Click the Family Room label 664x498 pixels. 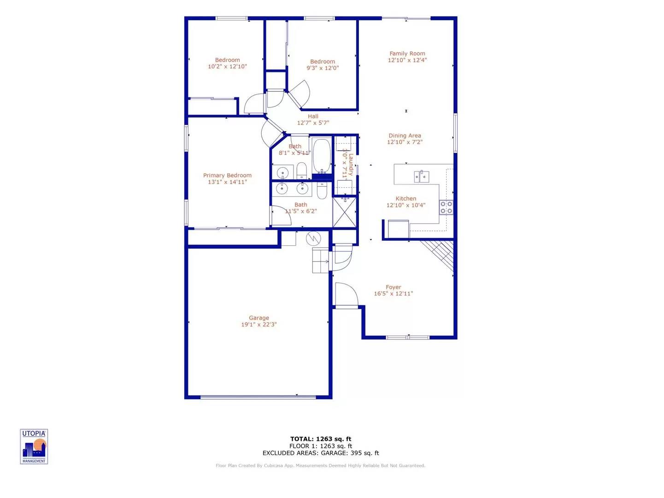click(x=407, y=53)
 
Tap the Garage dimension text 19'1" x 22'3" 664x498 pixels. click(x=259, y=325)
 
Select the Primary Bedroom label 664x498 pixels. click(x=227, y=175)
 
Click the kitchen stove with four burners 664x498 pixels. click(x=446, y=207)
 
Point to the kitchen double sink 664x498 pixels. click(x=422, y=176)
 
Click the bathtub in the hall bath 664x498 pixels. click(x=322, y=155)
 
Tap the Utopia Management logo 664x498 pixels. click(x=34, y=446)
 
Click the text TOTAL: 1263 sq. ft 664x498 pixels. click(x=321, y=439)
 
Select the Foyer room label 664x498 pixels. click(x=394, y=287)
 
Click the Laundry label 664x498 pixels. click(x=351, y=165)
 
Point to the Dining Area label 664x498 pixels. click(x=405, y=136)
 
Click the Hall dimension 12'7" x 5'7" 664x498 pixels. click(x=313, y=123)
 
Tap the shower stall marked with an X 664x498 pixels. click(x=345, y=212)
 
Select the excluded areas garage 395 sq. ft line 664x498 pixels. click(x=321, y=453)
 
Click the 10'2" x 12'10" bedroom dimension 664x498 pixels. click(x=227, y=67)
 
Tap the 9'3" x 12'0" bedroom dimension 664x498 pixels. click(x=323, y=68)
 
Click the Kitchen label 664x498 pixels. click(x=406, y=199)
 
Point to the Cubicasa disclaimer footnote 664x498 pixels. click(x=321, y=466)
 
